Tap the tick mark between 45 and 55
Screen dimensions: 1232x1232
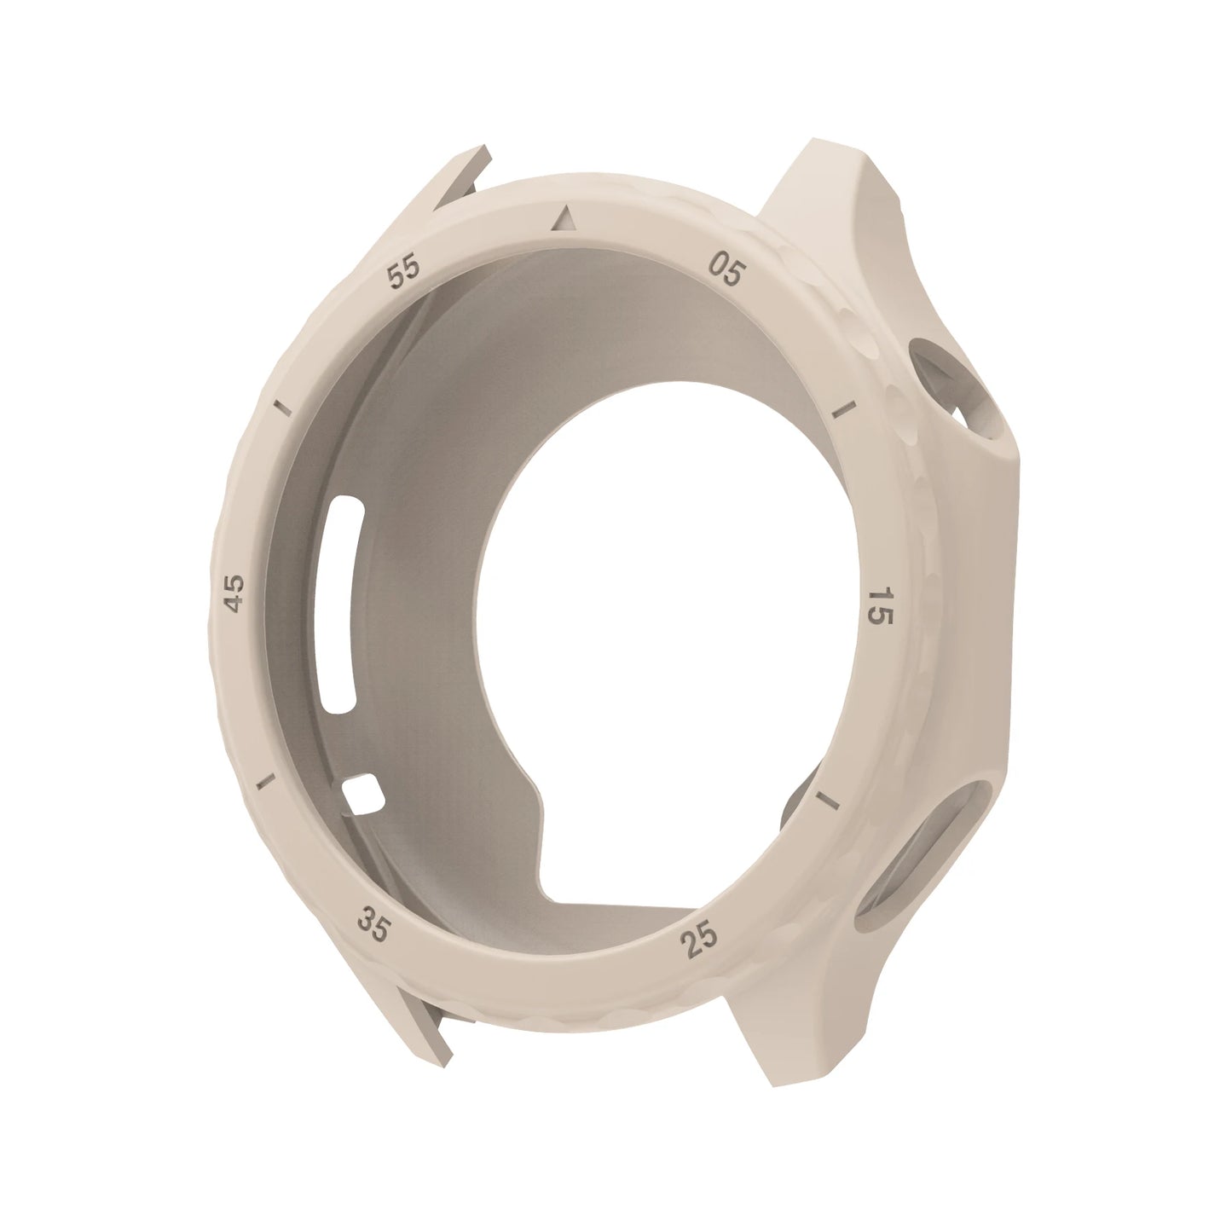point(281,408)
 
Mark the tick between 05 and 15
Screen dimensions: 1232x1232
point(845,410)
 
